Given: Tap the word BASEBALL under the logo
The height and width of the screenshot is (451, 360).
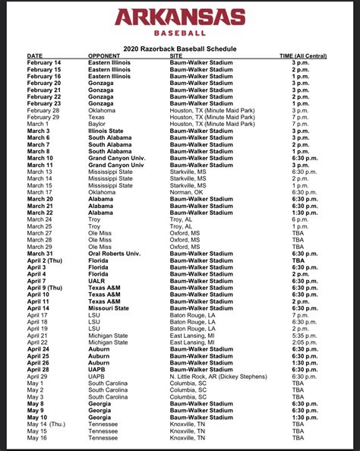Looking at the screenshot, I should click(179, 33).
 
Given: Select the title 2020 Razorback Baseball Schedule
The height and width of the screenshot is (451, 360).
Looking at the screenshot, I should click(179, 49).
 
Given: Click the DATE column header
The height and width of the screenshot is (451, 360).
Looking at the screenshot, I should click(35, 56).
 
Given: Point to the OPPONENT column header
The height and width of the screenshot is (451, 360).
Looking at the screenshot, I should click(104, 56).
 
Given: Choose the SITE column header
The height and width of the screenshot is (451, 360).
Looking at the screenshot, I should click(176, 56).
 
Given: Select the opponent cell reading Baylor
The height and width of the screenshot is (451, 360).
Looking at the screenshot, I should click(98, 125).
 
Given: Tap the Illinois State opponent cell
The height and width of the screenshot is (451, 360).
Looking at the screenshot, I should click(106, 131).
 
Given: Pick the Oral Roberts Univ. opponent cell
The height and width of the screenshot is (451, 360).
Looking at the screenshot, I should click(114, 254).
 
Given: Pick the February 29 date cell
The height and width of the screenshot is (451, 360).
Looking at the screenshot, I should click(44, 118).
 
